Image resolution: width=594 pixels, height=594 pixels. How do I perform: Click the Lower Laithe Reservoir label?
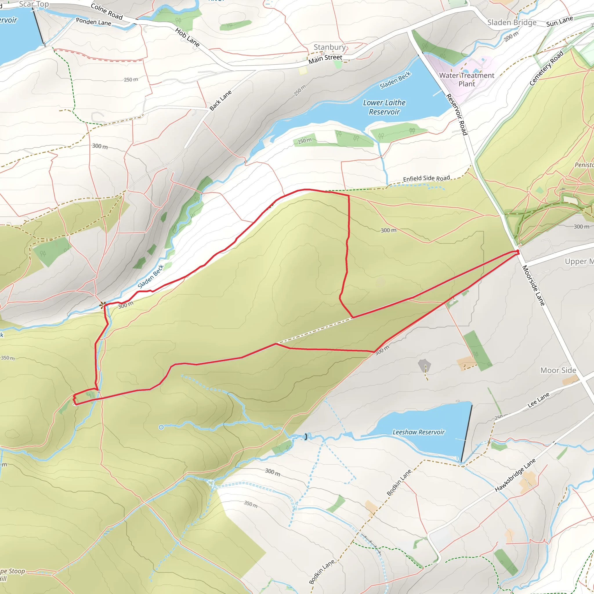[384, 107]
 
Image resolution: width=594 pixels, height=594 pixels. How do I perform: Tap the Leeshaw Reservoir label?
[419, 432]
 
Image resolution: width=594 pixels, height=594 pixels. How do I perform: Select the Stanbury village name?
[329, 47]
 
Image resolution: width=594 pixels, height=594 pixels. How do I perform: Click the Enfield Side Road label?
[426, 178]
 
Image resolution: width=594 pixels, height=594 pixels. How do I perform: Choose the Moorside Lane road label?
[534, 285]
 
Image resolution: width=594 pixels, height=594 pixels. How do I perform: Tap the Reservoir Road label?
[457, 114]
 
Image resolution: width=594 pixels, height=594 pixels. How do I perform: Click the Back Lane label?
[220, 101]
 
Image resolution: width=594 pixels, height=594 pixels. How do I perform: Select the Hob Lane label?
[187, 37]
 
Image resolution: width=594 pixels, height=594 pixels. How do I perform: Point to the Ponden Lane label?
[93, 22]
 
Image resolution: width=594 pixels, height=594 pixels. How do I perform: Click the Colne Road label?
[107, 11]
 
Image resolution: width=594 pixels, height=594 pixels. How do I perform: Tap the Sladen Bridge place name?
[512, 22]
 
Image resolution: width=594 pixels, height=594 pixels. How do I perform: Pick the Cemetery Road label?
[546, 68]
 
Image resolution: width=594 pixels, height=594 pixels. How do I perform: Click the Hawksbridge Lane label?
[515, 475]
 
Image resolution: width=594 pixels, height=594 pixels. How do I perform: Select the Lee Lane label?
[538, 400]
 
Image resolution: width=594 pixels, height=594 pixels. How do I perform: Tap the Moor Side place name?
[558, 370]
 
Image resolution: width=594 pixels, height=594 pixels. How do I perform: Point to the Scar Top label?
[34, 4]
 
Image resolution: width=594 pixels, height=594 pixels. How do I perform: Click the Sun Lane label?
[559, 21]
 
